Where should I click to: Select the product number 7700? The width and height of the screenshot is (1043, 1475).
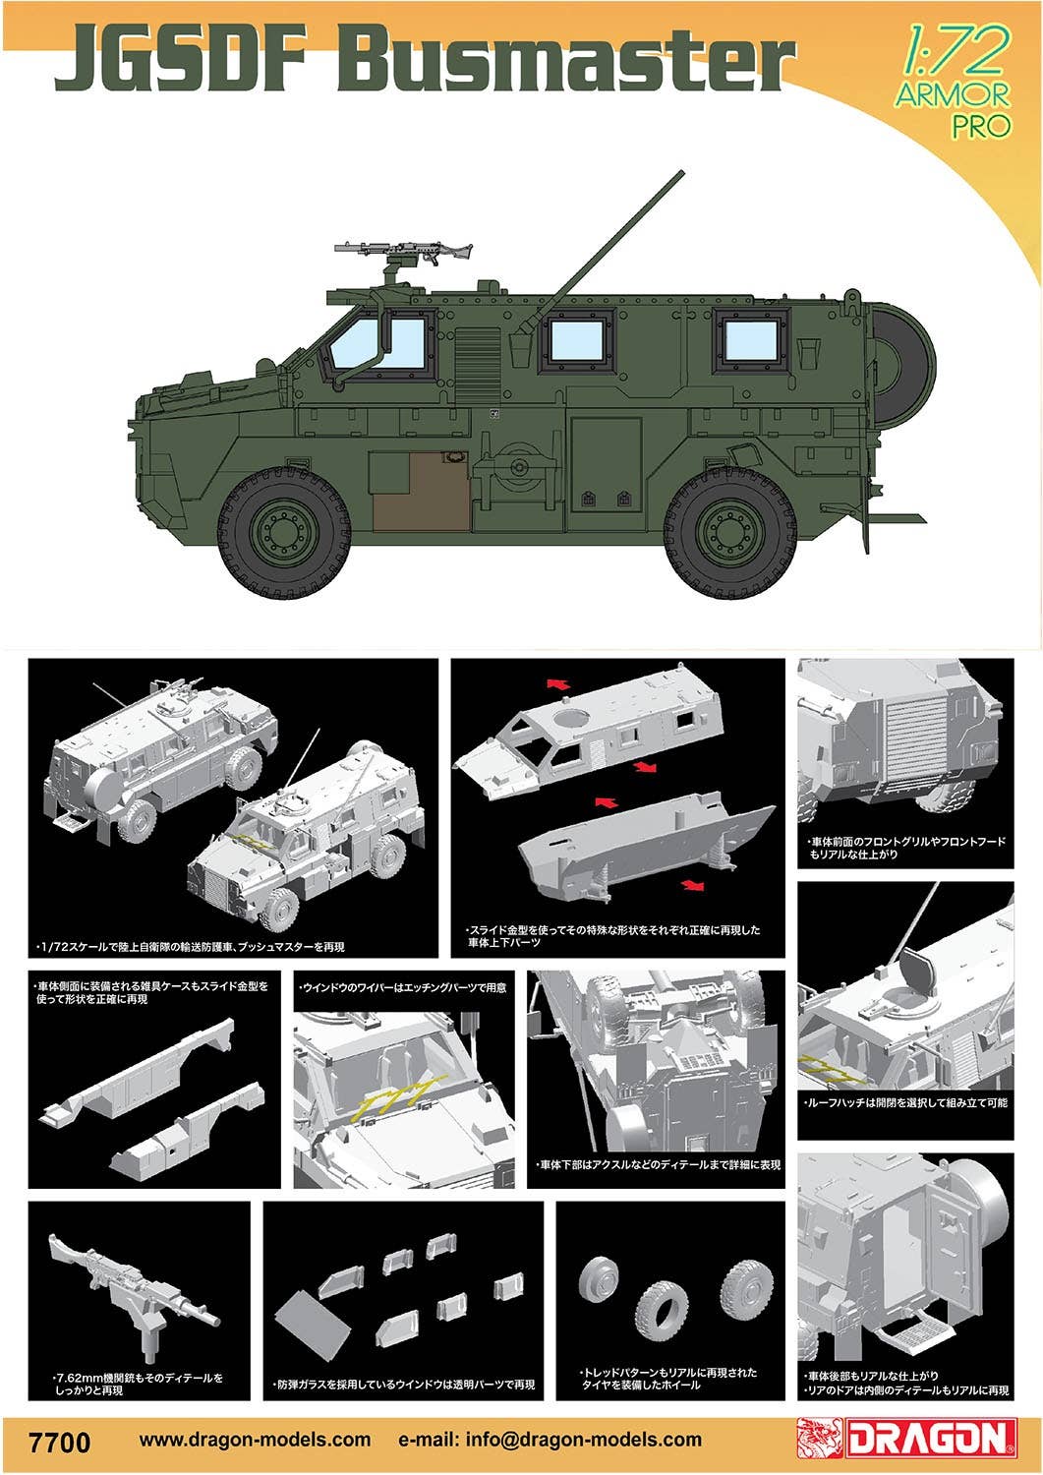(x=60, y=1442)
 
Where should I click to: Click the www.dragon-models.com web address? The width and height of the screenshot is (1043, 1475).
(x=256, y=1440)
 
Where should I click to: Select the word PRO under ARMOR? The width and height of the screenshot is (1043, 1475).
(x=980, y=125)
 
